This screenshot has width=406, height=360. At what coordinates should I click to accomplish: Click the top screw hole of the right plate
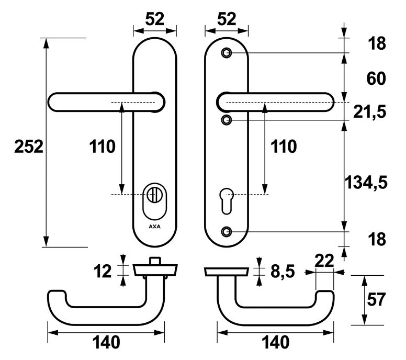click(226, 53)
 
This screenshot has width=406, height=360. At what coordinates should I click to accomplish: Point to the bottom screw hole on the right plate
click(226, 231)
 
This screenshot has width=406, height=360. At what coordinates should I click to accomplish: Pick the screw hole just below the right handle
click(226, 120)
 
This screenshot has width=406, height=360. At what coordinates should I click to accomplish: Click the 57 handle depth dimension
click(375, 300)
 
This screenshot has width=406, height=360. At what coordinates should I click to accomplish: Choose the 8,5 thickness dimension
click(283, 272)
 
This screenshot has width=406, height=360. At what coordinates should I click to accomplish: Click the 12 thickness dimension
click(103, 271)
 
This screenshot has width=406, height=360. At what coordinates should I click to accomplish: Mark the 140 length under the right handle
click(275, 343)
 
